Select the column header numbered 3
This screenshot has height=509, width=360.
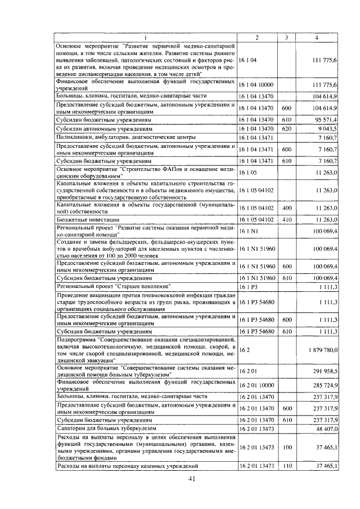click(x=286, y=38)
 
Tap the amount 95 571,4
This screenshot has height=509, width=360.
click(x=325, y=120)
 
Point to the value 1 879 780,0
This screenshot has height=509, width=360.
click(x=321, y=350)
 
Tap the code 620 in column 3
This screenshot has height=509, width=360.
click(x=286, y=129)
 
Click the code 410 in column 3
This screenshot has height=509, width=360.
click(x=286, y=219)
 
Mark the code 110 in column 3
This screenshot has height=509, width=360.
click(x=286, y=466)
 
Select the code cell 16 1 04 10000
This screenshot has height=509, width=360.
click(x=256, y=85)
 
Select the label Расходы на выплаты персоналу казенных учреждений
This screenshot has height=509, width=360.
click(x=127, y=466)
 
